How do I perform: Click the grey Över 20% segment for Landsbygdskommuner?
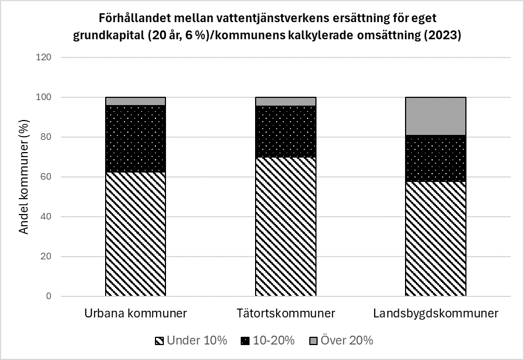435,116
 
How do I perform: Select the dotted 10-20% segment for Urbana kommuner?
136,139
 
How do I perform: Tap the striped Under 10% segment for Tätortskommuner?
286,227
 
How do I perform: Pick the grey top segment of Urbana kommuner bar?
136,101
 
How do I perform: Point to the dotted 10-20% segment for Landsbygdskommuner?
435,158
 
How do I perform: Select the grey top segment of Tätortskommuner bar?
286,101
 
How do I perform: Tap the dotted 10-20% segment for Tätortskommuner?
286,132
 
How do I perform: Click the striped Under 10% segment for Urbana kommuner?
136,234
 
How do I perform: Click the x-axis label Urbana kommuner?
136,314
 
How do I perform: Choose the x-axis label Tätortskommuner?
286,314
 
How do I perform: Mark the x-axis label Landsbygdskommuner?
435,314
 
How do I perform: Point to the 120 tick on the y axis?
44,58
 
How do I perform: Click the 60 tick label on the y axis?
46,177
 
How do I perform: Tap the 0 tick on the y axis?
49,296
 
